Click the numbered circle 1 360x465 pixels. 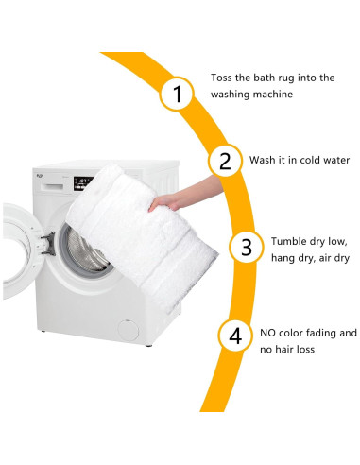pyautogui.click(x=176, y=94)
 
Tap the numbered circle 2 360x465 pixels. pyautogui.click(x=225, y=161)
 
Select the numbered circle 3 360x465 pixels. pyautogui.click(x=246, y=247)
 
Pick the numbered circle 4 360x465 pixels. pyautogui.click(x=235, y=336)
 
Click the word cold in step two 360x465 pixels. pyautogui.click(x=311, y=160)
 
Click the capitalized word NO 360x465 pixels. pyautogui.click(x=267, y=333)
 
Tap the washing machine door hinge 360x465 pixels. pyautogui.click(x=47, y=244)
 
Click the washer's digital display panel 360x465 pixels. pyautogui.click(x=82, y=183)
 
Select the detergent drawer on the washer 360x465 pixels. pyautogui.click(x=52, y=186)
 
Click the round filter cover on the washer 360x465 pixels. pyautogui.click(x=128, y=330)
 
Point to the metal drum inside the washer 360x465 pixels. pyautogui.click(x=85, y=252)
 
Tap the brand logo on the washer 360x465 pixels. pyautogui.click(x=40, y=175)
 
